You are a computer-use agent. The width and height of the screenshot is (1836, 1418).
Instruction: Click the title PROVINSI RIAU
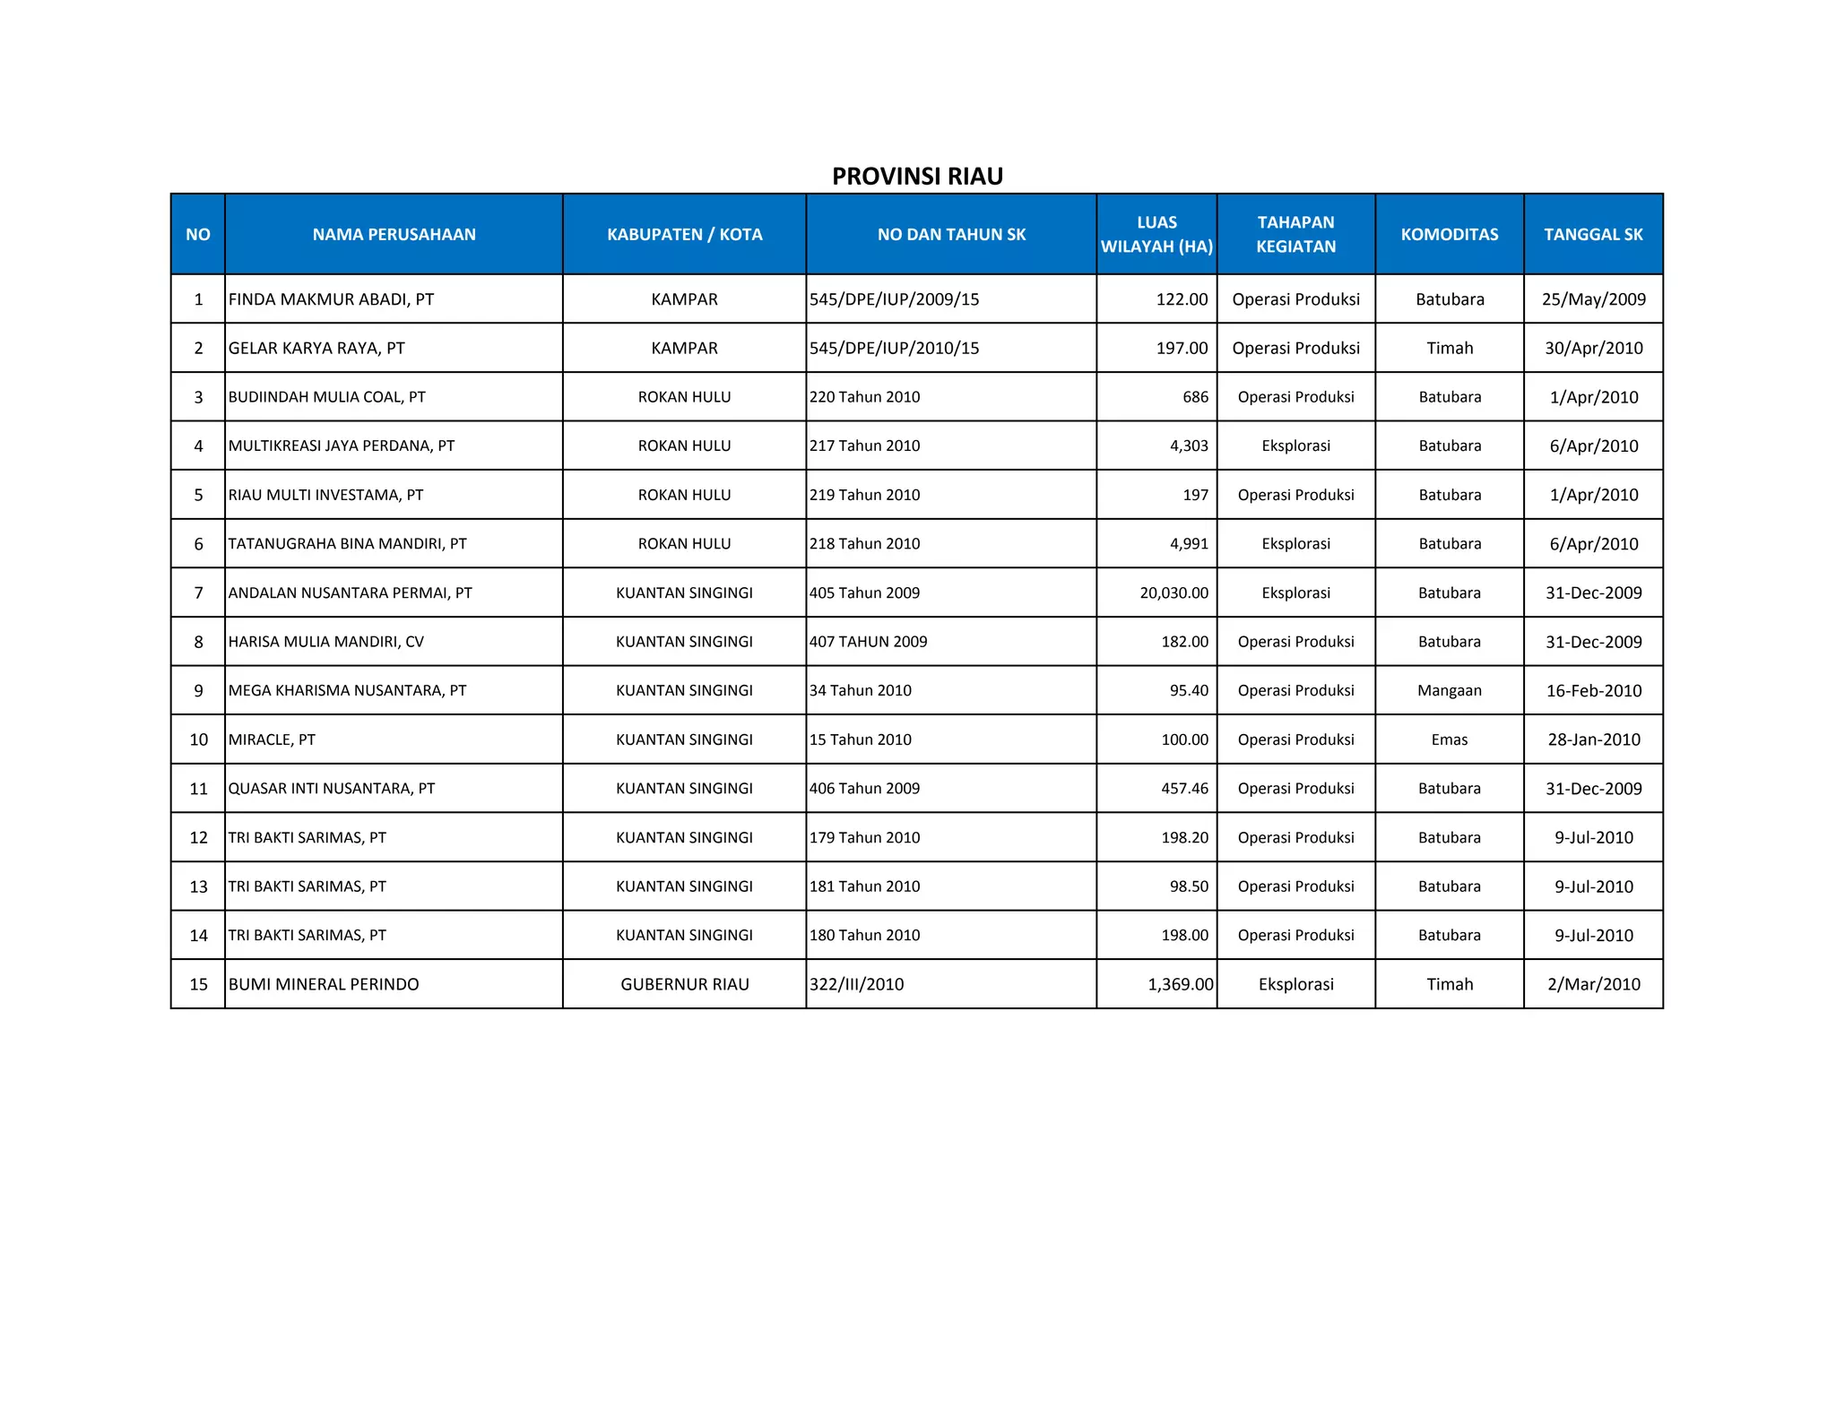click(x=917, y=176)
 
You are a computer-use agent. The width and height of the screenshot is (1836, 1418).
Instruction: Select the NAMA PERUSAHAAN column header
click(x=394, y=234)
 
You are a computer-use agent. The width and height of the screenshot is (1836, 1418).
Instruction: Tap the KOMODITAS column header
click(x=1449, y=234)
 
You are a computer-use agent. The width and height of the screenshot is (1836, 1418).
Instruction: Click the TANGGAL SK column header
click(x=1593, y=234)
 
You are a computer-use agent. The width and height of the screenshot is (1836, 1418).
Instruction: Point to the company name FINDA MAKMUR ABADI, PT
click(x=331, y=299)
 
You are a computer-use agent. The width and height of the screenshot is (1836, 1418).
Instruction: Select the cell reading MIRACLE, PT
click(x=272, y=739)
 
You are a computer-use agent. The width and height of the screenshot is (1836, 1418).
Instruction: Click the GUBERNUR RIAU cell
click(x=684, y=984)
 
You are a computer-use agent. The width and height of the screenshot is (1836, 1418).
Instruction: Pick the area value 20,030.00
click(x=1173, y=592)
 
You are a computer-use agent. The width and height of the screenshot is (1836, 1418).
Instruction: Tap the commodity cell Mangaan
click(x=1449, y=690)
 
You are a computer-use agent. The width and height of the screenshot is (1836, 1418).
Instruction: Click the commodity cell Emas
click(x=1449, y=739)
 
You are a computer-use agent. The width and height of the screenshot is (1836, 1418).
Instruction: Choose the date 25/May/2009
click(x=1593, y=299)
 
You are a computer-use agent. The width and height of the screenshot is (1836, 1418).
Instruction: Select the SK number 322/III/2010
click(x=856, y=984)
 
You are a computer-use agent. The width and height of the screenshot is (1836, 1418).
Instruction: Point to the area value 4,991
click(x=1189, y=543)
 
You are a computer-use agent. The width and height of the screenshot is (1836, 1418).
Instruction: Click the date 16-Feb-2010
click(x=1593, y=690)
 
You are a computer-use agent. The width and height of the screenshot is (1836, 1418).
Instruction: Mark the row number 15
click(x=198, y=984)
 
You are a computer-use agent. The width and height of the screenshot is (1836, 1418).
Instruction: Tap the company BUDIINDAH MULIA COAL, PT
click(x=326, y=397)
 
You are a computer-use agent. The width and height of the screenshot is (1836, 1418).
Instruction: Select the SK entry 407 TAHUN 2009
click(x=868, y=642)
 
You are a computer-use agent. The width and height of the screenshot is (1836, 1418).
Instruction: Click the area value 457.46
click(x=1184, y=789)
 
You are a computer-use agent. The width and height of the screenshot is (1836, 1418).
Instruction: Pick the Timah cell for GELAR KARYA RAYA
click(x=1449, y=348)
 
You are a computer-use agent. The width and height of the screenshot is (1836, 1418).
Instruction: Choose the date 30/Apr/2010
click(x=1593, y=348)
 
